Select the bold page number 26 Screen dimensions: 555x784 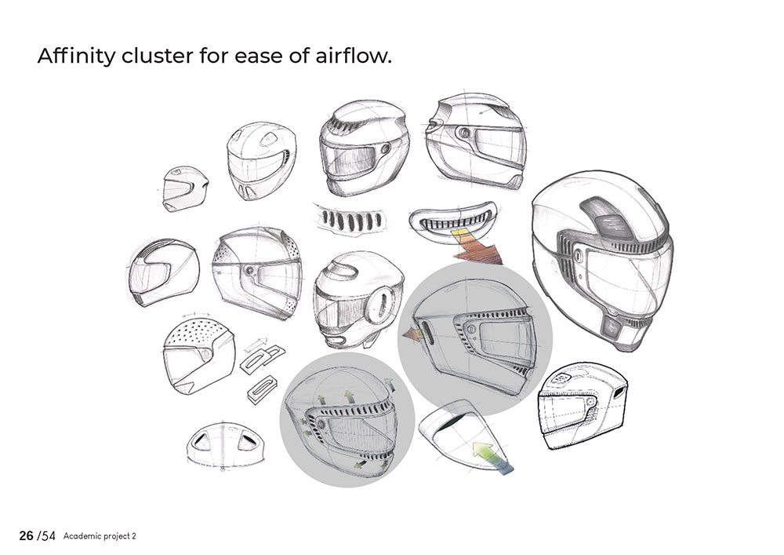pyautogui.click(x=26, y=536)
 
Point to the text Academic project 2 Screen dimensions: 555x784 pyautogui.click(x=100, y=537)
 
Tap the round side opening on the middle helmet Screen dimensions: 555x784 pyautogui.click(x=383, y=302)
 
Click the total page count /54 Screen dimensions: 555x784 pyautogui.click(x=48, y=536)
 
